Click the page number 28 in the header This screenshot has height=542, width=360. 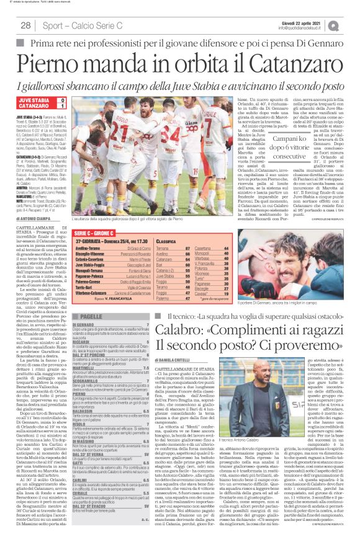tap(26, 25)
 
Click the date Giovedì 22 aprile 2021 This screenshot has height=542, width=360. tap(298, 20)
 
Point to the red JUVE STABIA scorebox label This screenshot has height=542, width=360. tap(35, 100)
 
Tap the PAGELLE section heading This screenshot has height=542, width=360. tap(92, 316)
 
